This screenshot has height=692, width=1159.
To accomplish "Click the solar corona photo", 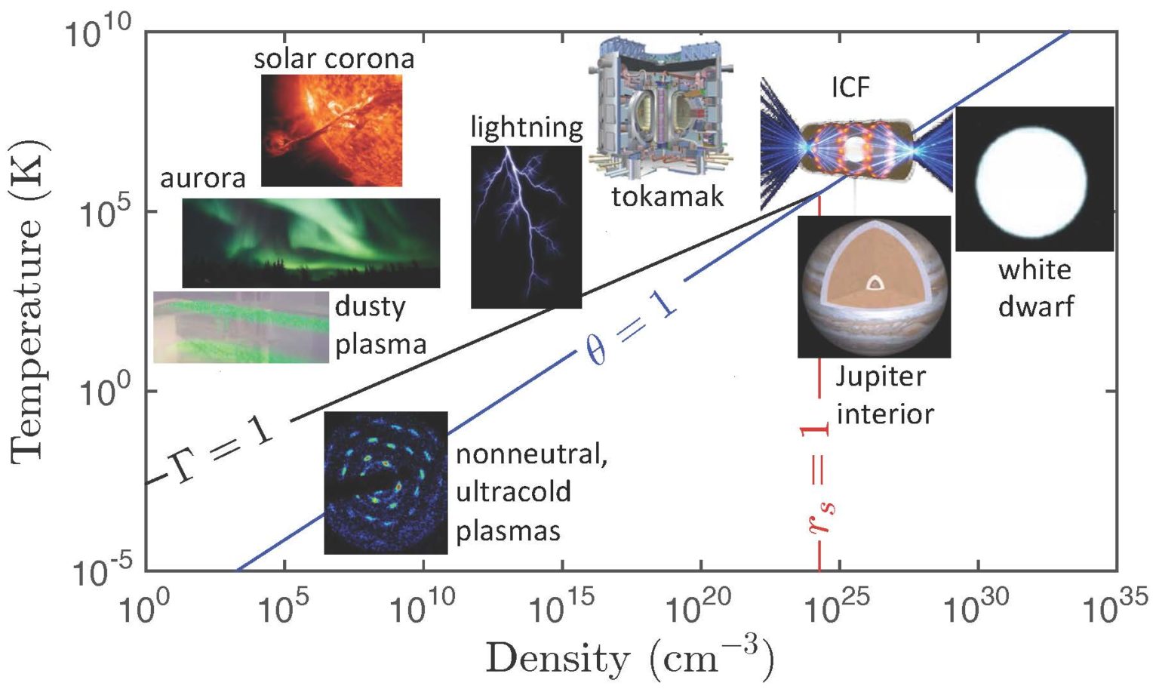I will (x=331, y=130).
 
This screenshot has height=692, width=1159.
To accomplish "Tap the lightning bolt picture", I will (x=526, y=226).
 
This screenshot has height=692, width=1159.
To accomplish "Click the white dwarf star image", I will (x=1034, y=179).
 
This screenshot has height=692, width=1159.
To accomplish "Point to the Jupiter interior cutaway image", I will (x=874, y=287).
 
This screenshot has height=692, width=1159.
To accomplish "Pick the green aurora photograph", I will (x=311, y=242).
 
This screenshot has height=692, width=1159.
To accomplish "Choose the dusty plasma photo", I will (x=241, y=327).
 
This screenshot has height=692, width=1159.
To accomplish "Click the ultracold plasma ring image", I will (x=386, y=483).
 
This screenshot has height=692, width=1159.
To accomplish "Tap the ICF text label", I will (x=850, y=88).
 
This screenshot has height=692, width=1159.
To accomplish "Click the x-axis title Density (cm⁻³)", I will (x=629, y=657).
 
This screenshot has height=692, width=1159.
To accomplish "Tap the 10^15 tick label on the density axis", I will (x=561, y=604).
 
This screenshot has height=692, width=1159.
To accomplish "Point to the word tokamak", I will (x=667, y=196).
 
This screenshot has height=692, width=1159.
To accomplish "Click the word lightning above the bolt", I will (x=527, y=127).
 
